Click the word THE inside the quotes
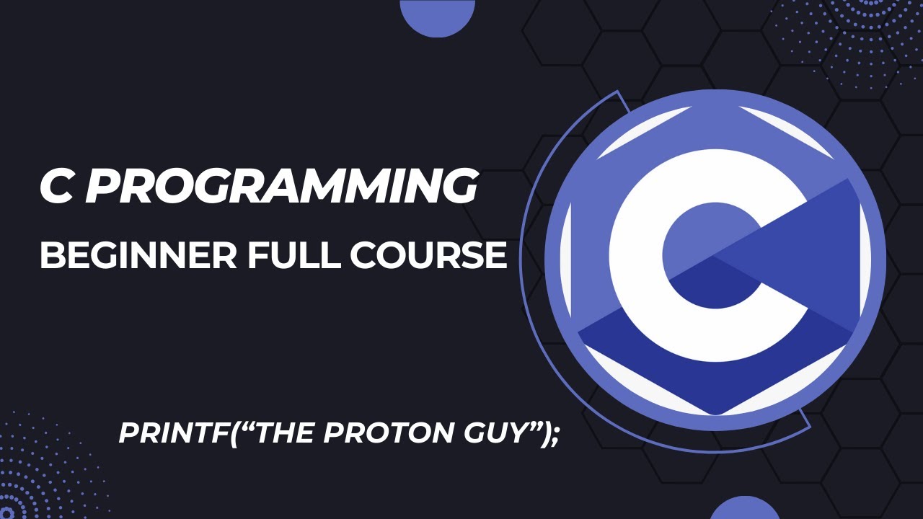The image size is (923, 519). [x=278, y=432]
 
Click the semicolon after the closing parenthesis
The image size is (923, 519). [x=554, y=435]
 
